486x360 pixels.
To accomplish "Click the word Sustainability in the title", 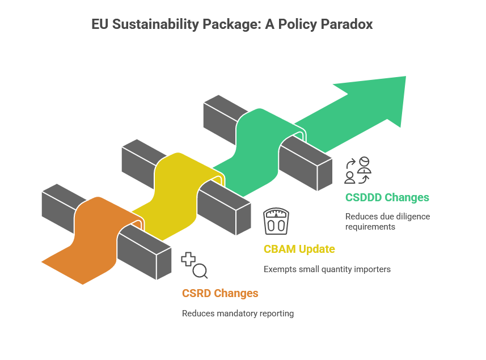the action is pyautogui.click(x=155, y=24).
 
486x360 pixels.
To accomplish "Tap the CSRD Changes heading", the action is pyautogui.click(x=220, y=293).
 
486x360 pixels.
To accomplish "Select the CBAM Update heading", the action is pyautogui.click(x=299, y=249).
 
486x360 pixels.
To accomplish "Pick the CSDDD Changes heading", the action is pyautogui.click(x=387, y=197).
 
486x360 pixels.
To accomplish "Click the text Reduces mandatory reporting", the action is pyautogui.click(x=238, y=314).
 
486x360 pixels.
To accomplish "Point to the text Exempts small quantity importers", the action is pyautogui.click(x=327, y=269).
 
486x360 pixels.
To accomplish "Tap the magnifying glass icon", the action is pyautogui.click(x=200, y=271).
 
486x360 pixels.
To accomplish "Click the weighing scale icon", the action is pyautogui.click(x=276, y=221).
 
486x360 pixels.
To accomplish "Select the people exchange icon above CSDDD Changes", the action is pyautogui.click(x=358, y=170).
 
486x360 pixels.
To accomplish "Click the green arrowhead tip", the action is pyautogui.click(x=405, y=77).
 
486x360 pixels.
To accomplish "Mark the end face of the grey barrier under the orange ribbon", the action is pyautogui.click(x=164, y=264).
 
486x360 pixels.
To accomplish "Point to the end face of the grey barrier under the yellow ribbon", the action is pyautogui.click(x=244, y=219).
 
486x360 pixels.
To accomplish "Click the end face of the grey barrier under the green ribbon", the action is pyautogui.click(x=325, y=175).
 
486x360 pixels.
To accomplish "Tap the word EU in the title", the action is pyautogui.click(x=100, y=24).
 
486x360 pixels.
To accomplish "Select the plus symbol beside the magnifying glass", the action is pyautogui.click(x=188, y=259).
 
